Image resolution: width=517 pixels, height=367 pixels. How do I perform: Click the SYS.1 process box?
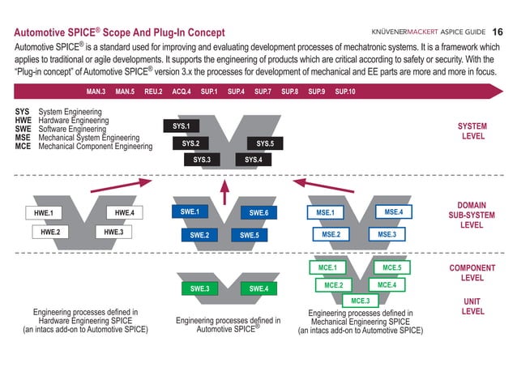[182, 126]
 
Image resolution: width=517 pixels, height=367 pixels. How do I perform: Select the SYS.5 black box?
[265, 143]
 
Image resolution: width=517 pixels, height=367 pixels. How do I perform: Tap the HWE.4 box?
[125, 213]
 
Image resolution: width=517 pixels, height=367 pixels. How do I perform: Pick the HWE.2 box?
[50, 232]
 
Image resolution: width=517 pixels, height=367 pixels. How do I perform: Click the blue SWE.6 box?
[258, 213]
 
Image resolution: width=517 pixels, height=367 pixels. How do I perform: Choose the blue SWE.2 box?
[199, 235]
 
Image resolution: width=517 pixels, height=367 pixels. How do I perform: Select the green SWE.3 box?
[200, 288]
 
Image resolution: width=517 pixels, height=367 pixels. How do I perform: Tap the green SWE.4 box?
[258, 288]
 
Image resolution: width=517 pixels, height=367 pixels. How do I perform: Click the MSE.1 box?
[326, 213]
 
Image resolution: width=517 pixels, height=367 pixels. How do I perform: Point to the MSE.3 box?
[387, 234]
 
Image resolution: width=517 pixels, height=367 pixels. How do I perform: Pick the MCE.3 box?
[361, 301]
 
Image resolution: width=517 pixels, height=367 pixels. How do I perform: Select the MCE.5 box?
[392, 267]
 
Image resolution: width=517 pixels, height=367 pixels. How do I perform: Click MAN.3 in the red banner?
[96, 92]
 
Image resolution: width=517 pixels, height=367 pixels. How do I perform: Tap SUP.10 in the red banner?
[345, 92]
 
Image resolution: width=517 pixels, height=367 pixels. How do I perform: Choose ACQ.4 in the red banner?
[182, 92]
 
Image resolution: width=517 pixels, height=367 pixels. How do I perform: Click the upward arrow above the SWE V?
[224, 192]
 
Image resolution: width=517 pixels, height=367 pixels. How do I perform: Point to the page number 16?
[498, 32]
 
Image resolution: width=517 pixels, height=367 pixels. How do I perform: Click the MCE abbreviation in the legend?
[23, 146]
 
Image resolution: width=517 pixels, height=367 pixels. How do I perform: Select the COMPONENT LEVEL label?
[472, 273]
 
